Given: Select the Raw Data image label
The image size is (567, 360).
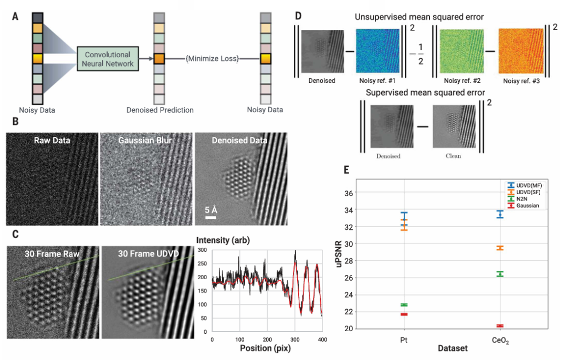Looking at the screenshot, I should (x=52, y=141).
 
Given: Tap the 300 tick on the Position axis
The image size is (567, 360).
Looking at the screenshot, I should (x=295, y=340).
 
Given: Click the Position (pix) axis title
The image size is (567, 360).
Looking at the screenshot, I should (x=267, y=348).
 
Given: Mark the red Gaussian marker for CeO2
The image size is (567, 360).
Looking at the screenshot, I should (x=500, y=326).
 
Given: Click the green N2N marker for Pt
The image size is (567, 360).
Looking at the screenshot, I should (x=404, y=305).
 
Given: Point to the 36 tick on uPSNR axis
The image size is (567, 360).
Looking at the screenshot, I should (x=348, y=193).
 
